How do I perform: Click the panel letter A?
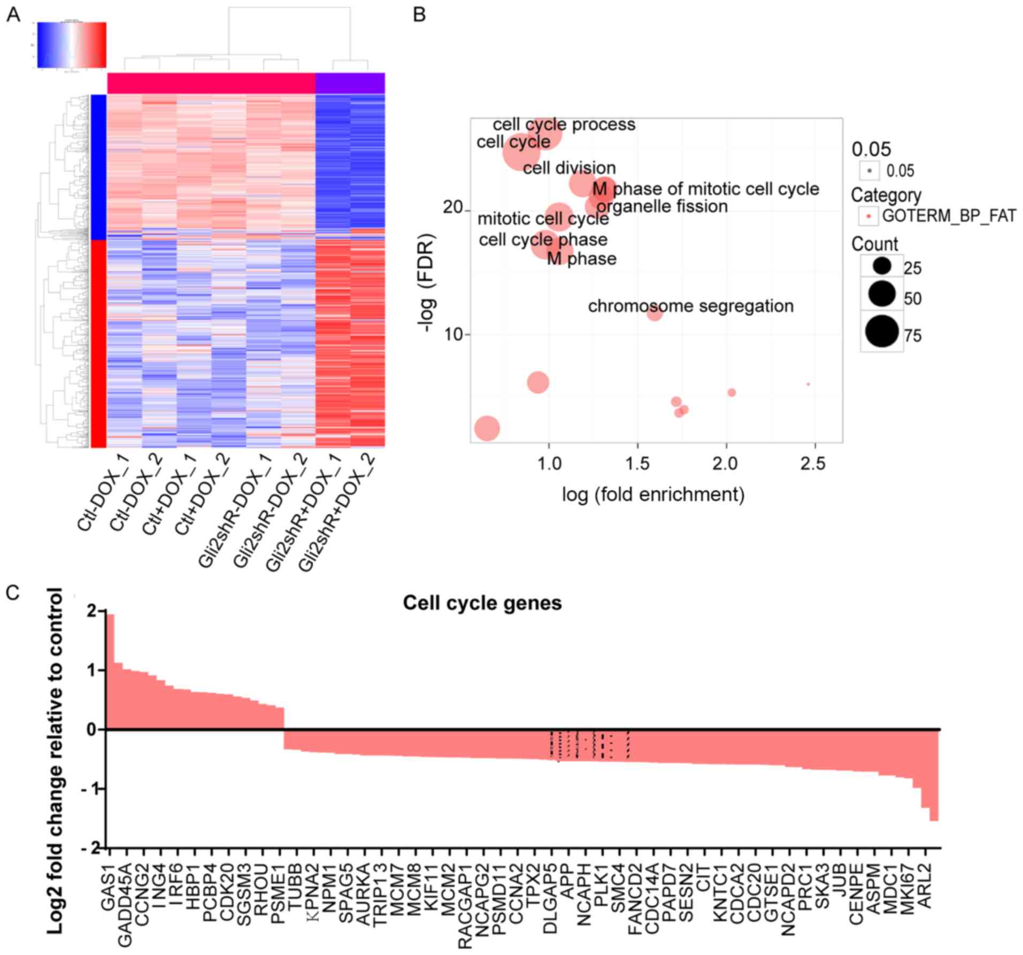pos(13,14)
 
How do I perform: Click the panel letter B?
pos(419,14)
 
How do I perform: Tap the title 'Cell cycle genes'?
pos(482,603)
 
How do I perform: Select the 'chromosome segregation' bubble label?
pos(690,306)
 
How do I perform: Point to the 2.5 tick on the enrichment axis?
pos(813,463)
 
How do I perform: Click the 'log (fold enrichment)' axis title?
pos(653,494)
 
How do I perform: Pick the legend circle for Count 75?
pos(882,332)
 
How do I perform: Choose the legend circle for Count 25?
pos(882,265)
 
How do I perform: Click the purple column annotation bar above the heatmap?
pos(350,83)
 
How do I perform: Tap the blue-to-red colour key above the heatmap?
pos(72,45)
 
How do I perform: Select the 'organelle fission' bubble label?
pos(662,206)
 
